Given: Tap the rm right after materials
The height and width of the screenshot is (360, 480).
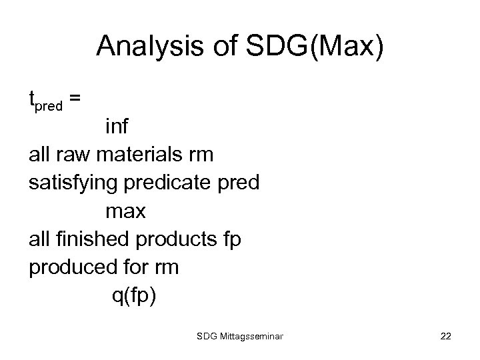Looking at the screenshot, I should pos(201,155).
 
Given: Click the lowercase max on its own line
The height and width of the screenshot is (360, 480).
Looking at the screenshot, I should pos(125,212).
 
